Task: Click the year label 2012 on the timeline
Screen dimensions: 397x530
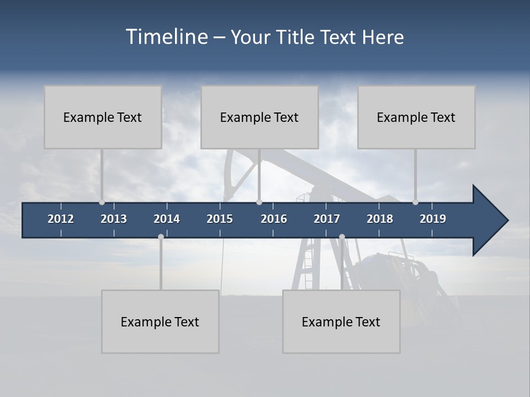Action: click(61, 219)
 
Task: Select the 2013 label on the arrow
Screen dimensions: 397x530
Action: click(114, 219)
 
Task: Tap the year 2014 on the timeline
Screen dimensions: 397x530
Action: click(167, 219)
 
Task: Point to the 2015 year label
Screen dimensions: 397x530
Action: click(220, 219)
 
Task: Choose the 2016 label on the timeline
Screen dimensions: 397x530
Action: click(274, 219)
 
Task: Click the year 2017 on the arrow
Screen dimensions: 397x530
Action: click(327, 219)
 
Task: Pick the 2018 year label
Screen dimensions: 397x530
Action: click(380, 219)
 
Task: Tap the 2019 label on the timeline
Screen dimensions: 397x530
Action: click(433, 219)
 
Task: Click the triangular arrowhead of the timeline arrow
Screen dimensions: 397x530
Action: click(489, 221)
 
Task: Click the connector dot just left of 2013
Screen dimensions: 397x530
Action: click(102, 202)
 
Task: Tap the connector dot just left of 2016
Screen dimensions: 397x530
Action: click(259, 202)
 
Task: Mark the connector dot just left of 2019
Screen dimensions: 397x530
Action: click(415, 202)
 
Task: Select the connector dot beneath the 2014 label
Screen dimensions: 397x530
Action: click(161, 237)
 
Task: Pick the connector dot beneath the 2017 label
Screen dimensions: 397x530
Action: click(342, 237)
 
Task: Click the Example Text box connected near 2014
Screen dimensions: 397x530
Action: click(160, 321)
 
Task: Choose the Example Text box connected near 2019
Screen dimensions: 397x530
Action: click(416, 117)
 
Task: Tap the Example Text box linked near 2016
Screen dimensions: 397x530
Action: click(259, 117)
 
